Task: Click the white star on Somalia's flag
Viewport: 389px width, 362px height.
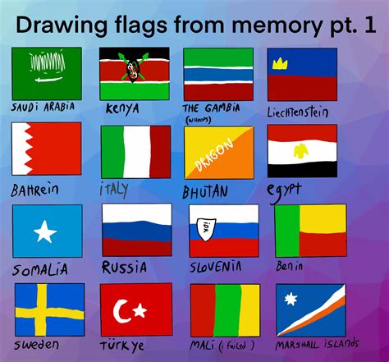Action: click(x=45, y=231)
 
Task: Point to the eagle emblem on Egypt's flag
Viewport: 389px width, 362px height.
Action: click(x=301, y=151)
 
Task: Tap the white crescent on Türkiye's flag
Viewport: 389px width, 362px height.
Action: click(x=124, y=309)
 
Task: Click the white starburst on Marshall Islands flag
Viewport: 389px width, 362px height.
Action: click(x=289, y=300)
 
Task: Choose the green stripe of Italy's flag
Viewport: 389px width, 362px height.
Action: click(x=112, y=153)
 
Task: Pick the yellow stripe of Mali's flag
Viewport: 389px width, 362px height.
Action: click(x=225, y=310)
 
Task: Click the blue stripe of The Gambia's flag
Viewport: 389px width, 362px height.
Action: click(x=217, y=74)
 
